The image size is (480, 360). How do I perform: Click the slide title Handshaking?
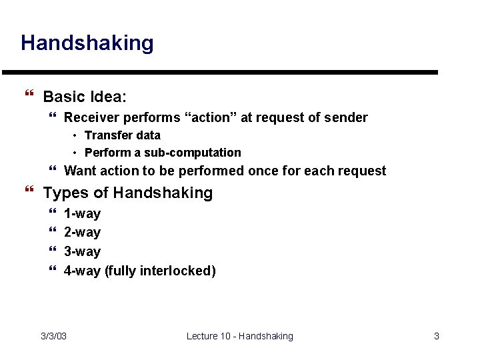pos(87,43)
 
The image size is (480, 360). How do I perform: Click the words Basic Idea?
pos(85,97)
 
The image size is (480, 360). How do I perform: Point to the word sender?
pos(345,118)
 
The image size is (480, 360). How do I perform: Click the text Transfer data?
pos(123,135)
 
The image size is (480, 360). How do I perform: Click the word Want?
pos(79,171)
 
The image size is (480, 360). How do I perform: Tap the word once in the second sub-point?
pos(263,171)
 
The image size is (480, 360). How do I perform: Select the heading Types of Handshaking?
pos(128,193)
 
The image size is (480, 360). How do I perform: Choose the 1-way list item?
pos(82,214)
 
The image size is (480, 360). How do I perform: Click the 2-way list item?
pos(82,233)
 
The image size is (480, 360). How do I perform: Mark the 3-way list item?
pos(82,252)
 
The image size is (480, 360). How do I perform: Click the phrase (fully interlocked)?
pos(160,271)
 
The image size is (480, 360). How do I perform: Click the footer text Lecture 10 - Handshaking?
pos(240,336)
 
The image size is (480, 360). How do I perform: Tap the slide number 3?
pos(437,336)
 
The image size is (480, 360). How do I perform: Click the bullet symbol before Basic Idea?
pos(27,97)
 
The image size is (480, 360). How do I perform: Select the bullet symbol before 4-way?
pos(53,271)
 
